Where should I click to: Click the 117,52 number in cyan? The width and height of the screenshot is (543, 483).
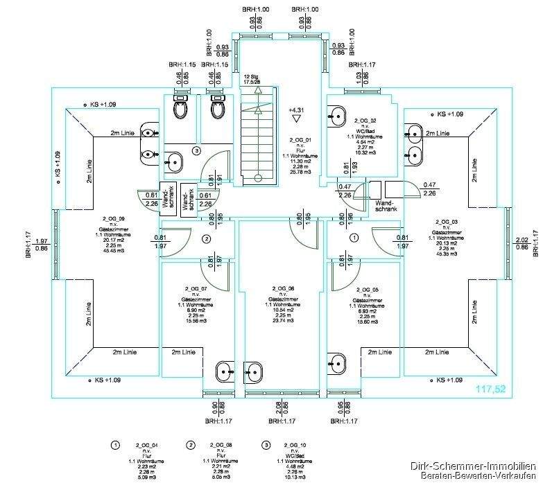(x=491, y=390)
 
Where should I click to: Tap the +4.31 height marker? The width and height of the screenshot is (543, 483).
(x=296, y=109)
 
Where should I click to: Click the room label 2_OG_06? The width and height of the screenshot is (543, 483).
(x=283, y=288)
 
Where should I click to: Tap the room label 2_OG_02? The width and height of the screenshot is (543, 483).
(x=364, y=120)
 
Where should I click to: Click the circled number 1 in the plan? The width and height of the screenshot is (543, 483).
(x=355, y=238)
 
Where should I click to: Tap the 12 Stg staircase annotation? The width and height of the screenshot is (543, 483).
(x=250, y=78)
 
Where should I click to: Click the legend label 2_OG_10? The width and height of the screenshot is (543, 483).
(x=294, y=444)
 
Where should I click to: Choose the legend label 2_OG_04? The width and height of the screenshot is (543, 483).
(x=146, y=444)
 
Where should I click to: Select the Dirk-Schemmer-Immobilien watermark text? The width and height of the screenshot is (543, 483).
(x=473, y=467)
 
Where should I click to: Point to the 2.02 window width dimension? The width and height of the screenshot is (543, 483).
(x=522, y=240)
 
